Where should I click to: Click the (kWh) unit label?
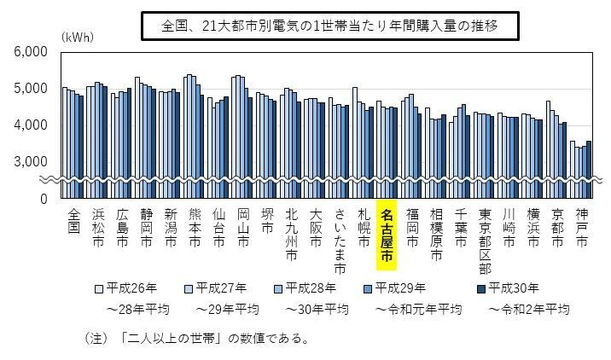[77, 38]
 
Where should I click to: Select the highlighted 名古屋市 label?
[387, 235]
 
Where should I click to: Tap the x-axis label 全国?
[73, 220]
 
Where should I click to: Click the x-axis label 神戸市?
[581, 228]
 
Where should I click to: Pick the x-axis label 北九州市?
[291, 234]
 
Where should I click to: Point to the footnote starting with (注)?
[195, 339]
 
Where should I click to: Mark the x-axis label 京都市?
[557, 228]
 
